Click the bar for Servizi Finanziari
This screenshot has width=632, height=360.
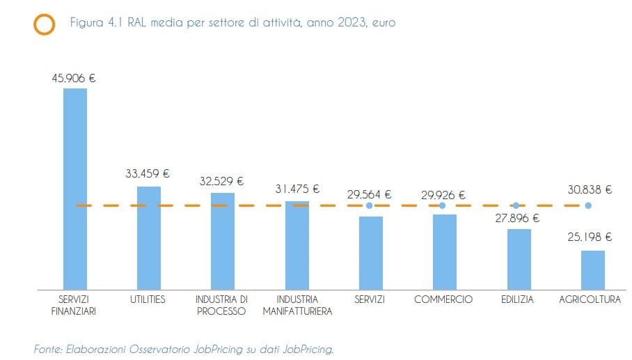click(x=75, y=188)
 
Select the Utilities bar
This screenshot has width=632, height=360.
click(x=149, y=237)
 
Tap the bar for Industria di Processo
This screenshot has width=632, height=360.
click(x=223, y=241)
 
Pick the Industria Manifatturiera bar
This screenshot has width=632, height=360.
click(x=297, y=245)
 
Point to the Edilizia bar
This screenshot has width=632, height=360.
click(x=519, y=258)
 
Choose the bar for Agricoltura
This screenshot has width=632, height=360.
click(x=593, y=269)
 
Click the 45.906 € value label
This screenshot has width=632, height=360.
click(x=74, y=78)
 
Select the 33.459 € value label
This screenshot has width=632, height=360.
click(x=148, y=174)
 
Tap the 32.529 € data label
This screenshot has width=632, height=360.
click(x=221, y=181)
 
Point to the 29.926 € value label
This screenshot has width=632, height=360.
click(x=443, y=195)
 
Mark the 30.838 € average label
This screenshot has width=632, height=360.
click(x=590, y=189)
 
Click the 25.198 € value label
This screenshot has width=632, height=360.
click(x=590, y=237)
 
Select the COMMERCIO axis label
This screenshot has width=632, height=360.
click(x=443, y=299)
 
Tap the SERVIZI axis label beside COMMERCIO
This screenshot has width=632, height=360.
click(x=369, y=299)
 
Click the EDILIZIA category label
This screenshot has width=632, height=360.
click(x=517, y=299)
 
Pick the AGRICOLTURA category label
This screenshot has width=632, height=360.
click(x=590, y=299)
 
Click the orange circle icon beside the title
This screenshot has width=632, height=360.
click(x=44, y=24)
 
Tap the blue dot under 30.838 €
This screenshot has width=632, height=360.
click(x=588, y=205)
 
